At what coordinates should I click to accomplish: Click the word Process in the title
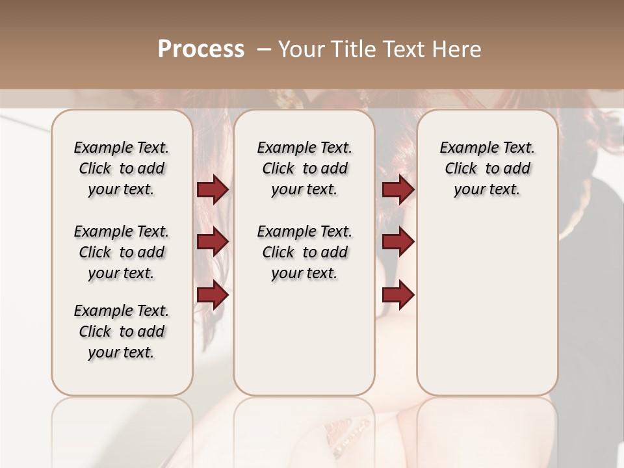click(201, 49)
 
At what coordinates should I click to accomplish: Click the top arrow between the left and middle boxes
click(213, 190)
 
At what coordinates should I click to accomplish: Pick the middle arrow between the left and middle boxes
click(213, 242)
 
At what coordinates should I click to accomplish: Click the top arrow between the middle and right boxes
click(398, 190)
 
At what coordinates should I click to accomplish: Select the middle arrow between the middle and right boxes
click(398, 242)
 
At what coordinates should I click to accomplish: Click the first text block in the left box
click(122, 168)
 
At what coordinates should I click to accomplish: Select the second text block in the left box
click(122, 252)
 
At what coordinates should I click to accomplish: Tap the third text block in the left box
click(122, 331)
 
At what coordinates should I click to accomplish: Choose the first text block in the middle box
click(304, 168)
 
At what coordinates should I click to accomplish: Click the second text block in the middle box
click(304, 252)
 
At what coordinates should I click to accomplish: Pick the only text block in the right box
click(487, 168)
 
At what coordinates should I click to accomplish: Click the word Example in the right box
click(463, 148)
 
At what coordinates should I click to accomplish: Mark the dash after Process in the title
click(263, 49)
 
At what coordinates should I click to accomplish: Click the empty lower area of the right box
click(487, 305)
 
